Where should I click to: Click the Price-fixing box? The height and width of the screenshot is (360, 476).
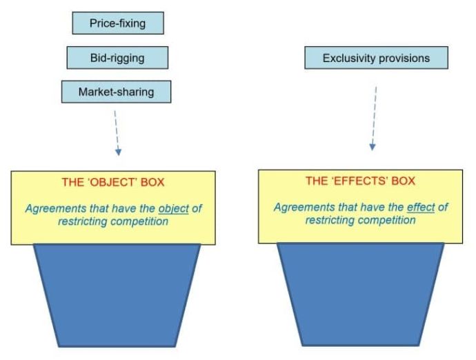[x=118, y=23]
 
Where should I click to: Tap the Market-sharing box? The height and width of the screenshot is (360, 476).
[x=116, y=92]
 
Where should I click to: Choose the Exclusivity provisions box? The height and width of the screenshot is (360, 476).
[x=376, y=58]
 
